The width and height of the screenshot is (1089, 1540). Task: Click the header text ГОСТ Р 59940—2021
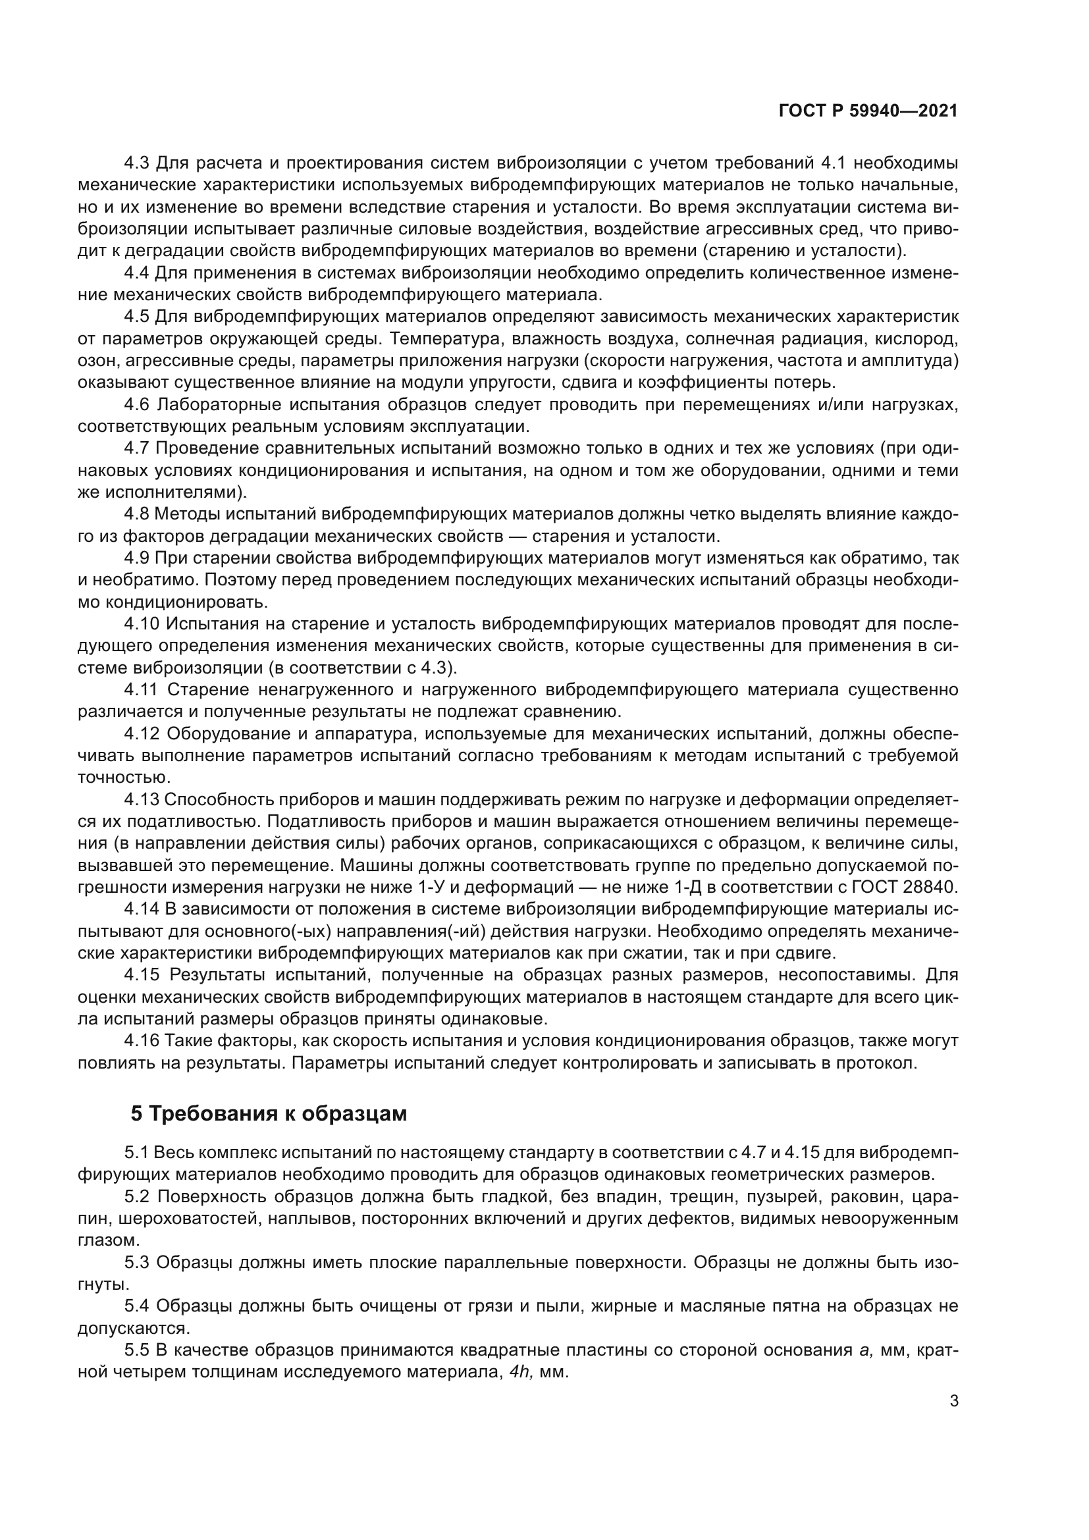pyautogui.click(x=868, y=111)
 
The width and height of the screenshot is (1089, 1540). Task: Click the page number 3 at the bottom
pyautogui.click(x=953, y=1401)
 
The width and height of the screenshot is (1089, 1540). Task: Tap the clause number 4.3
pyautogui.click(x=137, y=163)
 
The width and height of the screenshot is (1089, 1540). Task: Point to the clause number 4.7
pyautogui.click(x=137, y=448)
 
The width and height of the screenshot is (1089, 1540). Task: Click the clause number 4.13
pyautogui.click(x=142, y=799)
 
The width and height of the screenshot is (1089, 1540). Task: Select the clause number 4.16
pyautogui.click(x=142, y=1041)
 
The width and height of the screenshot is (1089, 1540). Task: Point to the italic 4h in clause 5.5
pyautogui.click(x=518, y=1372)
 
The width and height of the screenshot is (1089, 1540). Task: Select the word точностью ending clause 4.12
pyautogui.click(x=114, y=778)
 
